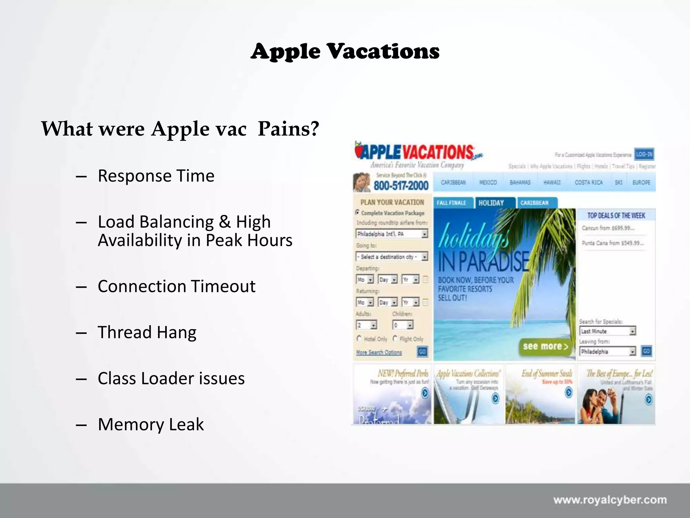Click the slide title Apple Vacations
pyautogui.click(x=345, y=52)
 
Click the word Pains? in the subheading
pyautogui.click(x=288, y=129)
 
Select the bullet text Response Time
pyautogui.click(x=156, y=176)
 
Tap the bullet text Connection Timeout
pyautogui.click(x=177, y=286)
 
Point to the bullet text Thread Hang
pyautogui.click(x=147, y=332)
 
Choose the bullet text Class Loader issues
pyautogui.click(x=171, y=378)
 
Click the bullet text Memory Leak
pyautogui.click(x=151, y=424)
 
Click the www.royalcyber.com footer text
pyautogui.click(x=610, y=500)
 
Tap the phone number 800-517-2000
pyautogui.click(x=401, y=185)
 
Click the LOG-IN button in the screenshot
pyautogui.click(x=644, y=154)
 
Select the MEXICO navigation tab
pyautogui.click(x=488, y=182)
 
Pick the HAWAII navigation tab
pyautogui.click(x=552, y=182)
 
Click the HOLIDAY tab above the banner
pyautogui.click(x=491, y=203)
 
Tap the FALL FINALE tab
pyautogui.click(x=451, y=203)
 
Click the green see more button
pyautogui.click(x=545, y=347)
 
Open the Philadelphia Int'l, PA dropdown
pyautogui.click(x=392, y=234)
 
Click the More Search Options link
pyautogui.click(x=379, y=352)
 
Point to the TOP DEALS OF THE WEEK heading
pyautogui.click(x=616, y=215)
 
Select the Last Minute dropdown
pyautogui.click(x=607, y=331)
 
